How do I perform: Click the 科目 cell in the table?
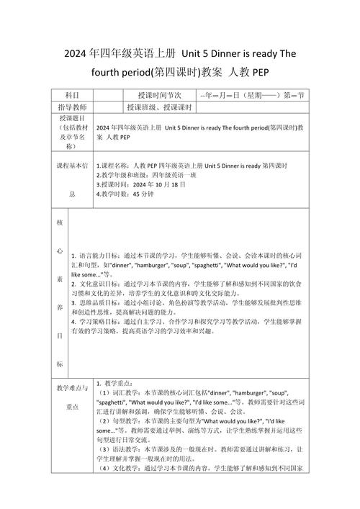72,96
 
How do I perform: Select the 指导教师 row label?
72,107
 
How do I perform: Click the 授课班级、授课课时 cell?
159,107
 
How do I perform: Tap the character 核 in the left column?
60,224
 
